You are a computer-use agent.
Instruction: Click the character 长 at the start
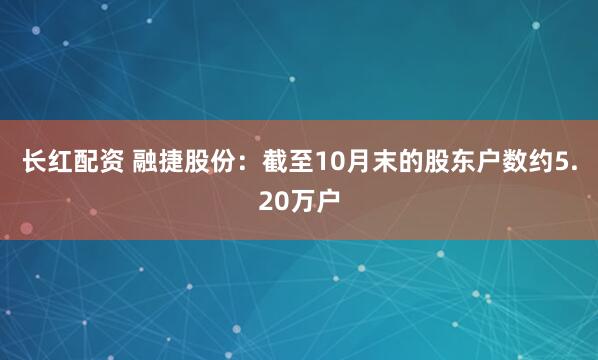click(x=36, y=163)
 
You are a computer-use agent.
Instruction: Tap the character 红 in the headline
click(x=63, y=163)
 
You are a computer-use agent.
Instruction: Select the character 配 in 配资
click(x=90, y=163)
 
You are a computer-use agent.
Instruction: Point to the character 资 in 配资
click(x=117, y=163)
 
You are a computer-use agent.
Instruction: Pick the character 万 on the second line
click(x=300, y=201)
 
